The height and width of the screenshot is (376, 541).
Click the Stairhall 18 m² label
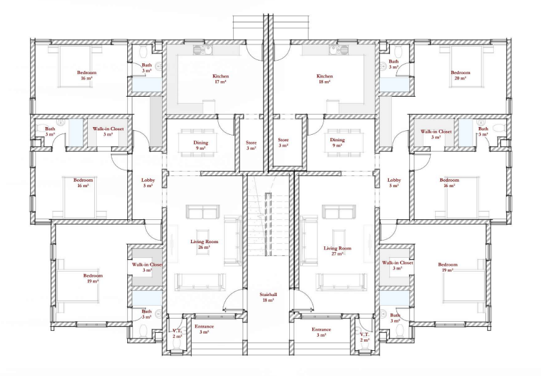coord(268,297)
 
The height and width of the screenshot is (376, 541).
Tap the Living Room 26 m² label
coord(204,244)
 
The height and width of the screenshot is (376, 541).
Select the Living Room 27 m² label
coord(337,251)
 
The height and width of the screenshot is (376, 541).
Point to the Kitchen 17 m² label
coord(221,79)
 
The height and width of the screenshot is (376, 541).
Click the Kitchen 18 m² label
coord(325,79)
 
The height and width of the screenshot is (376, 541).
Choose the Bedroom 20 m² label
coord(460,75)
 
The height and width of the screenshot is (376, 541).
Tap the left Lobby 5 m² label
coord(148,183)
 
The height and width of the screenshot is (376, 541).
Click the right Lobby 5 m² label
coord(394,183)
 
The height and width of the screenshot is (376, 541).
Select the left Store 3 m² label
coord(251,146)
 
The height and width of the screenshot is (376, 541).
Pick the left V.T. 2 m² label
coord(177,333)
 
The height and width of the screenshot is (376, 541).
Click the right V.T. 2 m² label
coord(364,337)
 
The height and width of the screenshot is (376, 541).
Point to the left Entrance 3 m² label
coord(204,329)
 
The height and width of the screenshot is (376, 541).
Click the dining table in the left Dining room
coord(197,143)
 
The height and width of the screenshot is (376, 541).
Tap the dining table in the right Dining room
coord(345,143)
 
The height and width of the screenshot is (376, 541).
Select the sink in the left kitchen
coord(203,50)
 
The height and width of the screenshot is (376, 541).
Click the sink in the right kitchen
coord(338,50)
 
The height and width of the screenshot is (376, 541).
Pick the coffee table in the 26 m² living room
coord(203,242)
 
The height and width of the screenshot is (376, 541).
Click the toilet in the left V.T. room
coord(177,347)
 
